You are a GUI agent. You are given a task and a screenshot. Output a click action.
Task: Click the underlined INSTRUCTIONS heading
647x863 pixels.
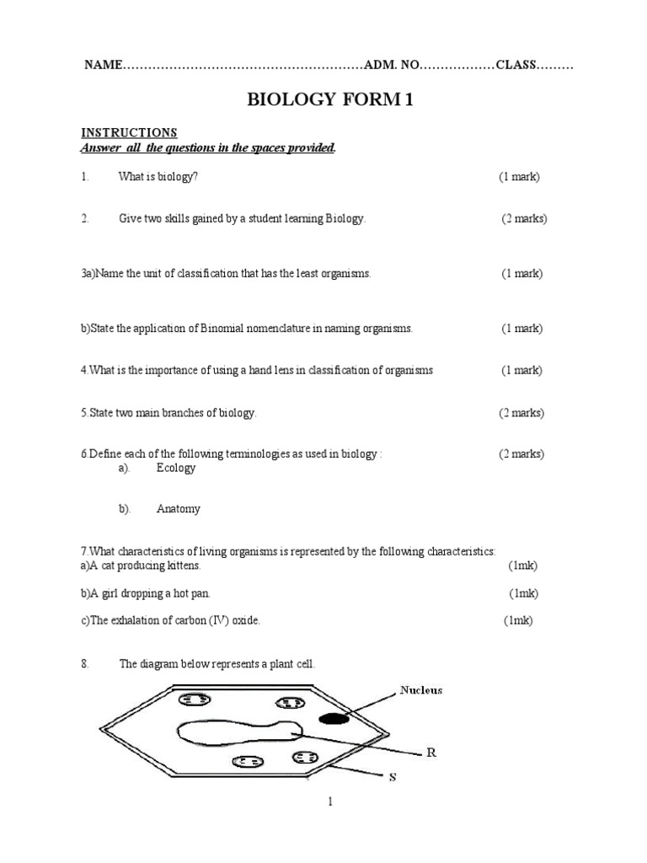coord(129,132)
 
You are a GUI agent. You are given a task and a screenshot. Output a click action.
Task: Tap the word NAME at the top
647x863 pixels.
coord(103,66)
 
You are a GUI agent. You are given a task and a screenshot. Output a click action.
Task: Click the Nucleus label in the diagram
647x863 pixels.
coord(420,690)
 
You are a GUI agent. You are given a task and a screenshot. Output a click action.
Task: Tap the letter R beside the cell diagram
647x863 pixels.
coord(431,753)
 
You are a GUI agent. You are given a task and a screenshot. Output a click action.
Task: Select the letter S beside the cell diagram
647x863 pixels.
coord(392,778)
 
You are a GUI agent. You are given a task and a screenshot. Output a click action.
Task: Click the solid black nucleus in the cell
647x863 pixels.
coord(334,719)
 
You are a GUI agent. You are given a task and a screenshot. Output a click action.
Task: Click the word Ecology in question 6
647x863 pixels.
coord(176,468)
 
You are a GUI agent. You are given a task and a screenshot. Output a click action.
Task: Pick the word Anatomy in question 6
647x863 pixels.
coord(179,509)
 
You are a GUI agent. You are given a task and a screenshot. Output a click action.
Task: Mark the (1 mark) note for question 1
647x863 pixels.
coord(519,177)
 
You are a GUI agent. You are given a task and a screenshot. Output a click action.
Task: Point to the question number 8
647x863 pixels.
coord(85,664)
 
